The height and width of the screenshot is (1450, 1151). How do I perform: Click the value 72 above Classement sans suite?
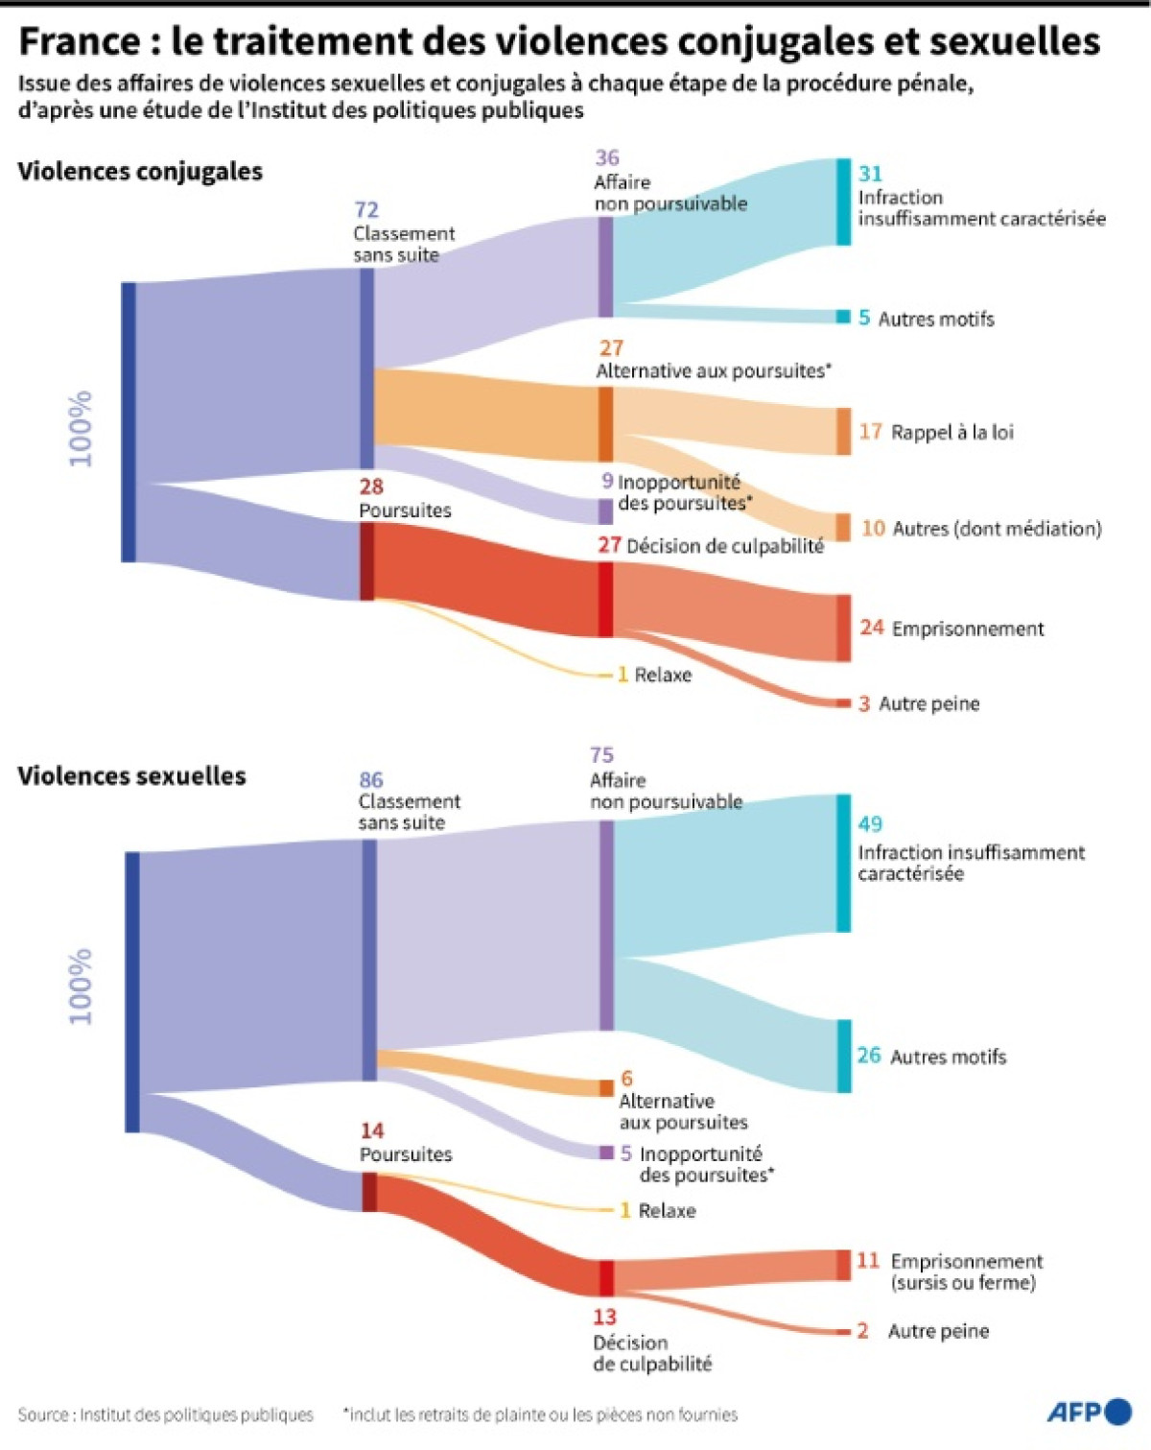coord(366,209)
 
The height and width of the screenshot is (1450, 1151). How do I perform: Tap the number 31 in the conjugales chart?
coord(870,174)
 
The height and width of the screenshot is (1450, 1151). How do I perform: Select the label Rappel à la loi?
coord(951,433)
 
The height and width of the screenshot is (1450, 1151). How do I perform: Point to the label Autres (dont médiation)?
coord(997,529)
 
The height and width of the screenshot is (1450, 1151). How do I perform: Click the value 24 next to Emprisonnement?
coord(871,628)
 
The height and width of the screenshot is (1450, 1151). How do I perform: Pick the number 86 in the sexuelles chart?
coord(371,780)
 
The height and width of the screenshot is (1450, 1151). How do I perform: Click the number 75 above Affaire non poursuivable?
coord(601,755)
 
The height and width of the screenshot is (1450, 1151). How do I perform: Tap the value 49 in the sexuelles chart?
coord(870,823)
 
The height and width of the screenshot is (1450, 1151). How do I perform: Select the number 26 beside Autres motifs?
coord(869,1056)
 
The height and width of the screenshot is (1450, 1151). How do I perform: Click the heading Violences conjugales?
coord(140,172)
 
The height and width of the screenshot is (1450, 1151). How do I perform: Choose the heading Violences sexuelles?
coord(131,776)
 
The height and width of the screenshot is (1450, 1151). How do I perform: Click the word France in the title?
coord(80,42)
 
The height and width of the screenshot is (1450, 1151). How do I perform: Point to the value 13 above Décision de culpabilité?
coord(604,1317)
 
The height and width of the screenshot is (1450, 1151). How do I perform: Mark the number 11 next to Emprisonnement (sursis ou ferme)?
coord(868,1260)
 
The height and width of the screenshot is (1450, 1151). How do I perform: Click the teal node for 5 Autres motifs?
coord(842,317)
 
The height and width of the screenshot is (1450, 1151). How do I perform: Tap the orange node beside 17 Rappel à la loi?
coord(842,431)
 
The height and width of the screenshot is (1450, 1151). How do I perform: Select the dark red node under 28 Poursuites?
coord(366,561)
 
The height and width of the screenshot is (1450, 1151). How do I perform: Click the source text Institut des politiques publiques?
coord(196,1415)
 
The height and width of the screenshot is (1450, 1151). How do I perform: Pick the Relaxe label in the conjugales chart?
coord(663,675)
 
